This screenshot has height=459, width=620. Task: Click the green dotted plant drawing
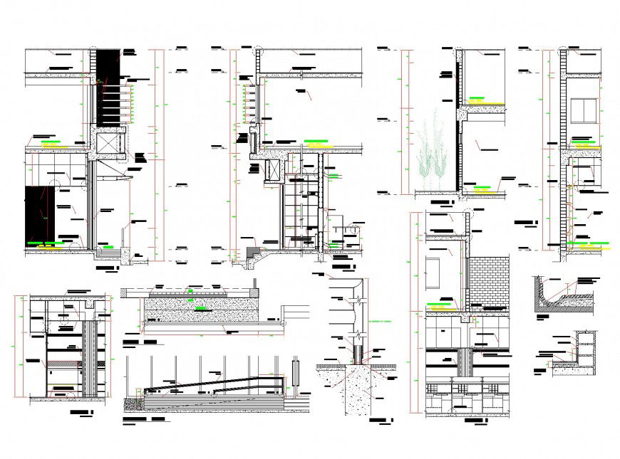coord(433,153)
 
